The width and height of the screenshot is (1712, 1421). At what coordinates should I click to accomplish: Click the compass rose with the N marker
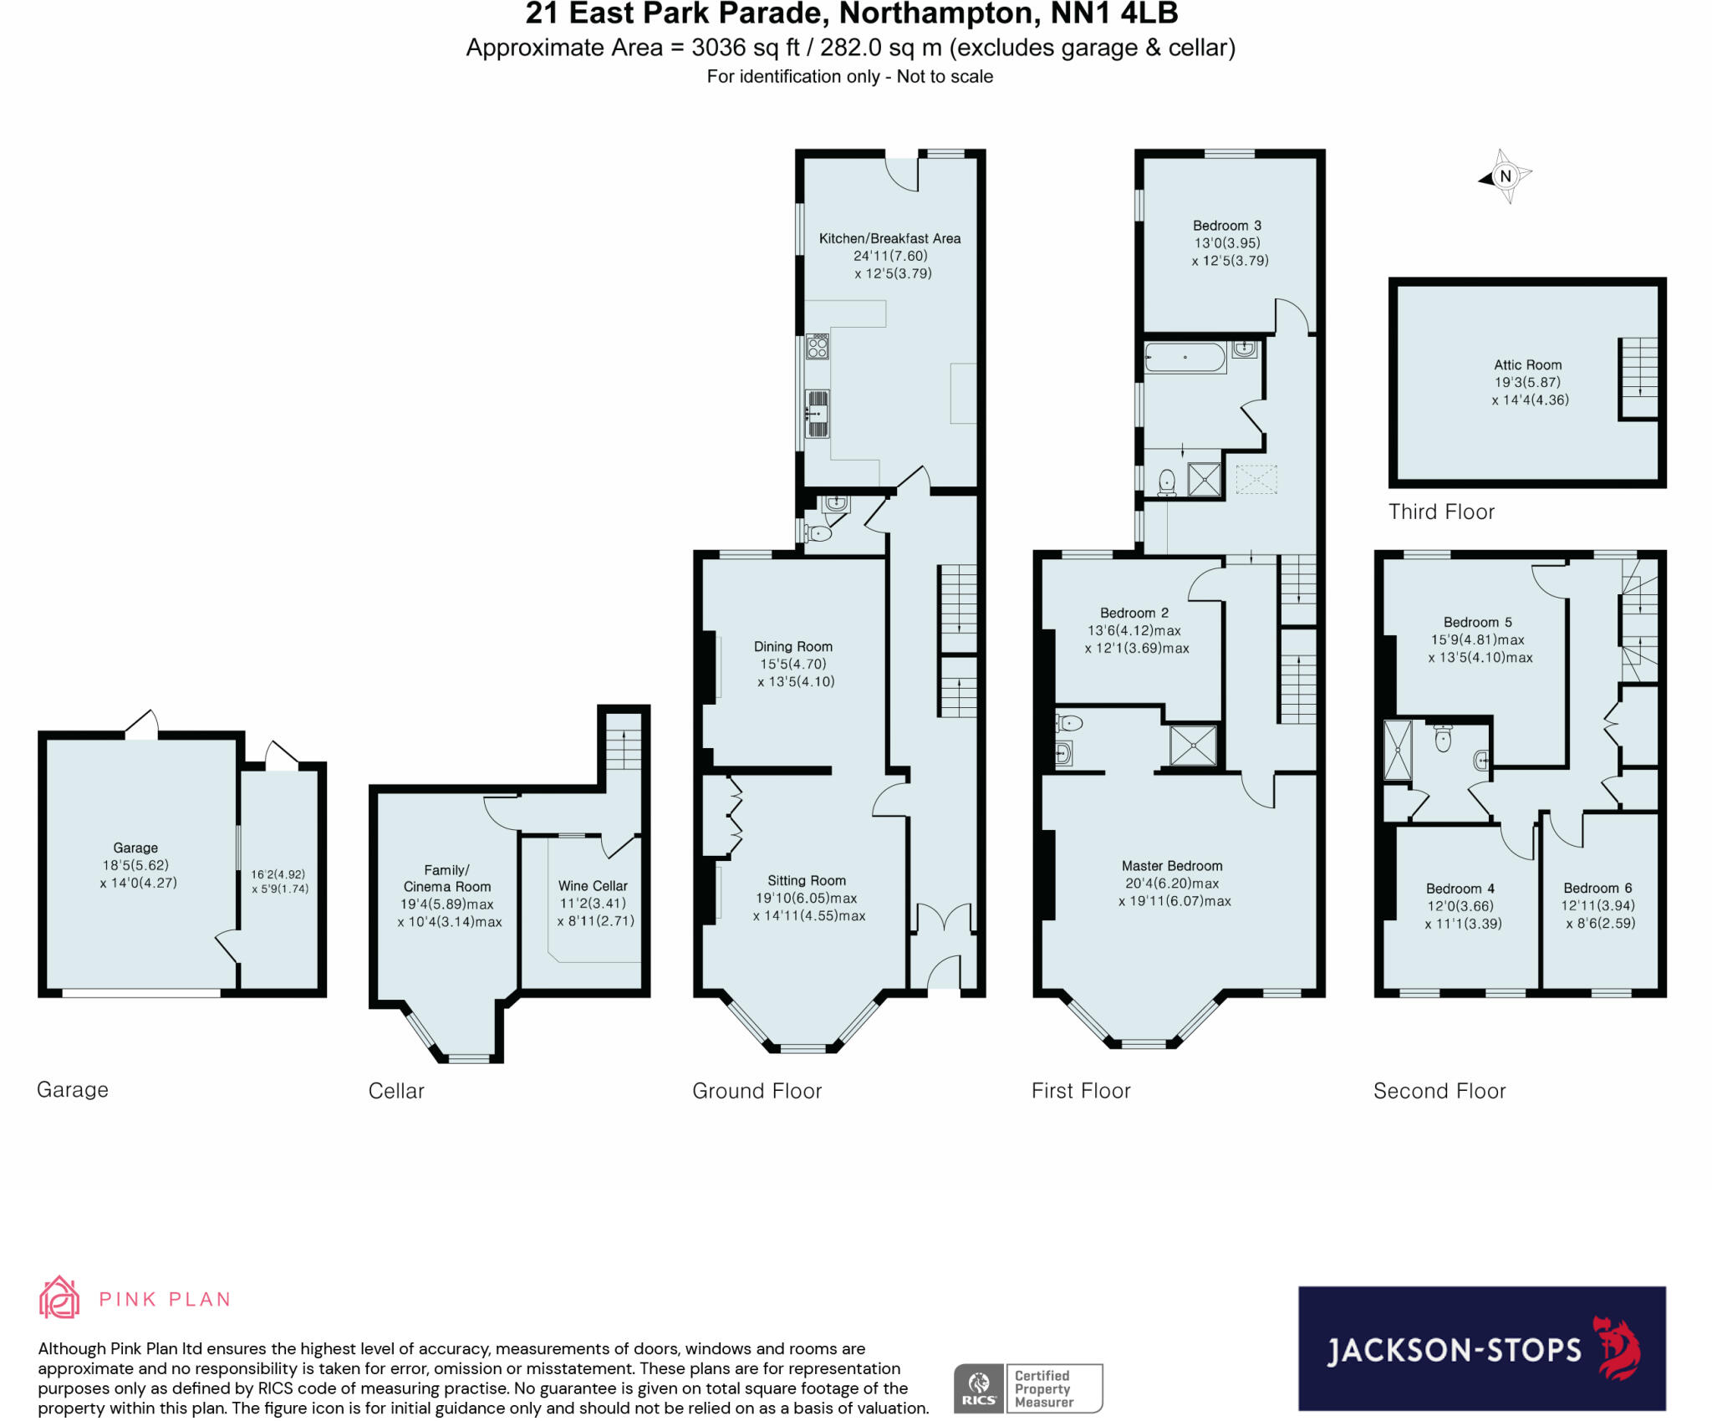(1506, 176)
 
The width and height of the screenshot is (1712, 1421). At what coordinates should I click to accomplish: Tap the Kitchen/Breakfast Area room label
(889, 238)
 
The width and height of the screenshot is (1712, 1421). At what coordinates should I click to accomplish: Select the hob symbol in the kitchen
(818, 346)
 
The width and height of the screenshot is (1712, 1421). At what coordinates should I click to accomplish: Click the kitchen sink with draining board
(817, 413)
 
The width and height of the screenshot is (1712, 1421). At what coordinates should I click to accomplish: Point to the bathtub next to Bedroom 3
(1185, 358)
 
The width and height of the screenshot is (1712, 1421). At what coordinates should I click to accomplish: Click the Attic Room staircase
(1638, 378)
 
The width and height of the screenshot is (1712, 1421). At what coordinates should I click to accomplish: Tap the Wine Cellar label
(593, 885)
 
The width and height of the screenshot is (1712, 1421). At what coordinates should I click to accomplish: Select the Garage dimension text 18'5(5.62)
(135, 865)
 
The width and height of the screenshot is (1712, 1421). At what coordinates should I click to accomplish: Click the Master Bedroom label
(1172, 866)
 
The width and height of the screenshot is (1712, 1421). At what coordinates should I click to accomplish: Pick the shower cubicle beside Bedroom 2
(1193, 745)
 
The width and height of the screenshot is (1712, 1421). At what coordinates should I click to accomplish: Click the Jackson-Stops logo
(1481, 1348)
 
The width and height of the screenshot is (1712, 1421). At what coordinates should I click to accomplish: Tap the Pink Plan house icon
(59, 1297)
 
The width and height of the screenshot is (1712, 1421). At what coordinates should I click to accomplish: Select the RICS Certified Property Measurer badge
(1027, 1388)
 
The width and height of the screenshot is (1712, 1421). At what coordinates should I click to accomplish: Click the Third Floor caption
(1441, 512)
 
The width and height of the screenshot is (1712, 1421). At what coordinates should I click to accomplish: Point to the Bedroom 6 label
(1597, 888)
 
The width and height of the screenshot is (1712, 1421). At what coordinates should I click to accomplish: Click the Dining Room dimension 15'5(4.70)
(793, 664)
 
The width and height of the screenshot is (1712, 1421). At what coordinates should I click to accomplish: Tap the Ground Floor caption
(757, 1091)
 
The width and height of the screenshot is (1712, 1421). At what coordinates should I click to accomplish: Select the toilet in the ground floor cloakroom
(818, 533)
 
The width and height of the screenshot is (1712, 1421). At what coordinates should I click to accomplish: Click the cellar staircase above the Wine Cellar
(623, 749)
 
